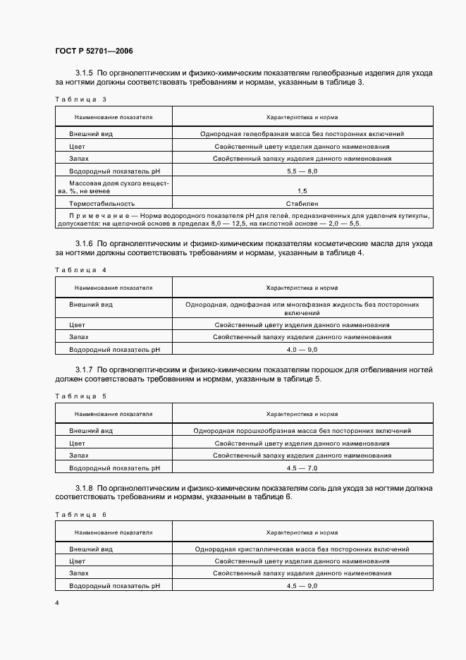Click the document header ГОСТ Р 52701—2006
[94, 51]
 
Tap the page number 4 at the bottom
[57, 603]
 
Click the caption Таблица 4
[80, 269]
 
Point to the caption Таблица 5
[80, 396]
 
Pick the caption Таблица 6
[80, 514]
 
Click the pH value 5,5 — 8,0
[302, 171]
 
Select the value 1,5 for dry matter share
[302, 191]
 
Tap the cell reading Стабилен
[302, 204]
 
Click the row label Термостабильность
[102, 204]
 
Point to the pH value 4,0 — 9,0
[302, 349]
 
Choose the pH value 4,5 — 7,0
[302, 468]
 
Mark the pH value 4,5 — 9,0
[302, 586]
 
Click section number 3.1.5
[84, 73]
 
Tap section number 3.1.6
[84, 243]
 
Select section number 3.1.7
[84, 369]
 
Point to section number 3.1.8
[84, 487]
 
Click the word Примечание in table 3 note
[98, 214]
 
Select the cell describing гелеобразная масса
[302, 133]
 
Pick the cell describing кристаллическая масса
[302, 549]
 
